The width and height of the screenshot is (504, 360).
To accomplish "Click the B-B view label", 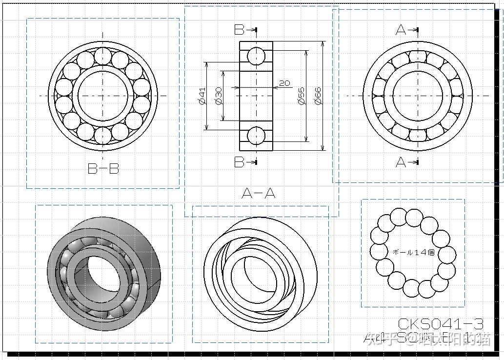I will [x=103, y=169].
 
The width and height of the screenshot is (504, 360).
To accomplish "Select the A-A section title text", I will [x=258, y=193].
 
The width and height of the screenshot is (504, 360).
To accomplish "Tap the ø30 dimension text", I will [x=219, y=96].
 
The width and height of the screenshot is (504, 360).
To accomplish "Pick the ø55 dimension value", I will [x=301, y=96].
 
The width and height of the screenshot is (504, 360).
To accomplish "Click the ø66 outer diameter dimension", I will [x=318, y=96].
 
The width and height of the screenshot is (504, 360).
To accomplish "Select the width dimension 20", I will [x=284, y=83].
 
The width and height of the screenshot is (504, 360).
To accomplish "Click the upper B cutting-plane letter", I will [x=239, y=30].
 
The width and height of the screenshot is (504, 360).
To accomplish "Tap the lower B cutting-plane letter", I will [x=239, y=162].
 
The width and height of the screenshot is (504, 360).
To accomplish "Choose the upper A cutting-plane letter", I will [x=401, y=30].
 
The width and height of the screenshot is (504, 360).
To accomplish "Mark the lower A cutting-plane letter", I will [x=401, y=162].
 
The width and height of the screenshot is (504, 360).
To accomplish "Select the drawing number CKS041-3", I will [x=441, y=323].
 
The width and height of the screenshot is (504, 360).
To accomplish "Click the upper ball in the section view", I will [x=256, y=56].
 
